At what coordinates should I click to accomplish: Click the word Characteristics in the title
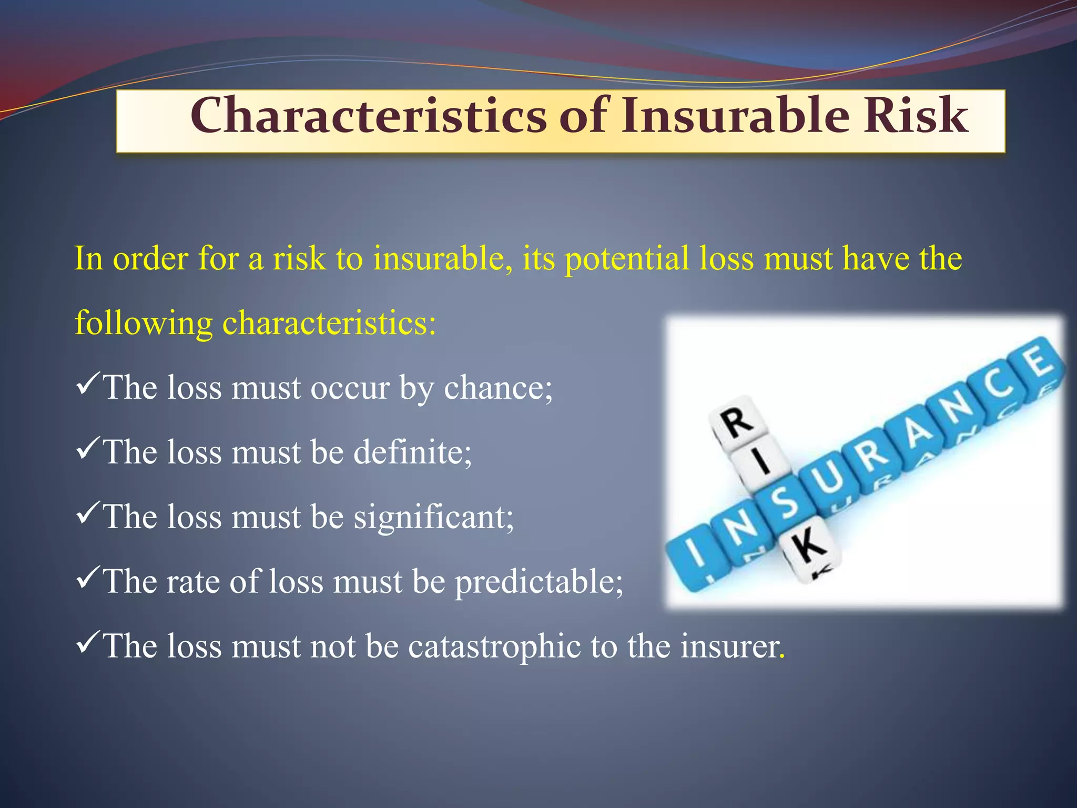point(368,116)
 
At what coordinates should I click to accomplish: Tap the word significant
point(433,517)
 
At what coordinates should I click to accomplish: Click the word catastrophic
point(494,647)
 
